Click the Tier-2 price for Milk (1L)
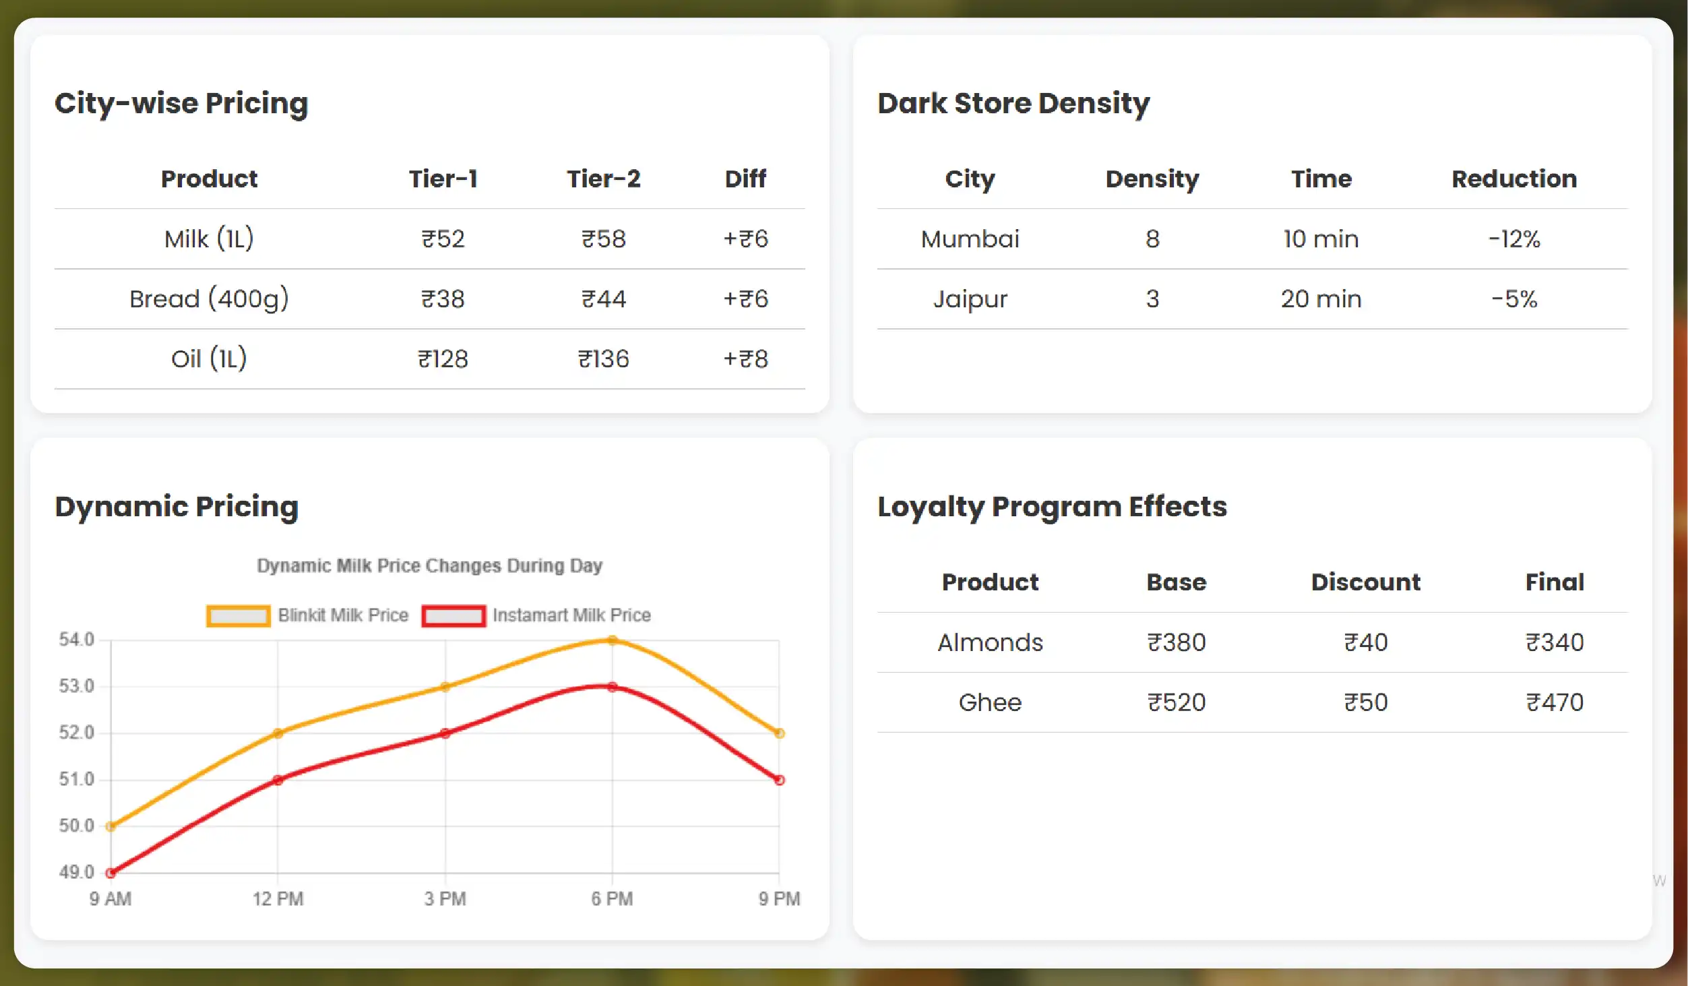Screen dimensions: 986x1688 [604, 239]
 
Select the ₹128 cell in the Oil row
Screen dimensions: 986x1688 [443, 359]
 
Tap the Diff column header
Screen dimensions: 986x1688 [745, 179]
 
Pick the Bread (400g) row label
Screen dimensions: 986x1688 [209, 299]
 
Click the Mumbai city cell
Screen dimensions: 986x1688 [970, 239]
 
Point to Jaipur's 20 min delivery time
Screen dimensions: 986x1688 [1321, 299]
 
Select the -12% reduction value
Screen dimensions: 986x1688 [1514, 239]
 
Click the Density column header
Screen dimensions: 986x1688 [1152, 179]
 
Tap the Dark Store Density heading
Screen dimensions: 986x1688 [1013, 103]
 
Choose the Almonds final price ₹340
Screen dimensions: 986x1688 [1555, 642]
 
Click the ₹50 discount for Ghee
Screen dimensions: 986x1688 [1365, 702]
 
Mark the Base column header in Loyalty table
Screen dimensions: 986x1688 [1176, 582]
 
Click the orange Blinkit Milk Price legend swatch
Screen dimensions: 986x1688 [239, 615]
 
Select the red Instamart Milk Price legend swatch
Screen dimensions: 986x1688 [454, 615]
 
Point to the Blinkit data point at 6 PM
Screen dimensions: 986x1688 [612, 640]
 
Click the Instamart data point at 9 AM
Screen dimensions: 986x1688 [111, 873]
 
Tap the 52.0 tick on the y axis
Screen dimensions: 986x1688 [76, 733]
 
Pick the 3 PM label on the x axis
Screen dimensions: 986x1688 [445, 898]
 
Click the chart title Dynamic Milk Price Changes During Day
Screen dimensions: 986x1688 [429, 565]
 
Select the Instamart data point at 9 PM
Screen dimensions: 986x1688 [779, 780]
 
